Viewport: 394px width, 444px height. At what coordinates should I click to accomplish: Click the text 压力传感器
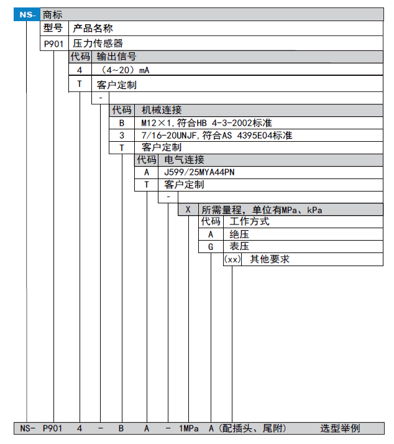pos(98,43)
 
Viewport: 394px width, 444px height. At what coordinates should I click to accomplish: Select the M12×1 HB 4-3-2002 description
pos(206,123)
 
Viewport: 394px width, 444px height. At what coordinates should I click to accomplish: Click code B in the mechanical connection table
pos(122,123)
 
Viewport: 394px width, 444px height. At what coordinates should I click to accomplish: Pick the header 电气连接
pos(183,160)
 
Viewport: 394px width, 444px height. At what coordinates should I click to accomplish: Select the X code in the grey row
pos(188,210)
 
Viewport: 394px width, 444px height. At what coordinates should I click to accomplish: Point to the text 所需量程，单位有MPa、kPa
pos(262,210)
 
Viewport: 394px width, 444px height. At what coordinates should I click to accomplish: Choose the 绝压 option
pos(239,234)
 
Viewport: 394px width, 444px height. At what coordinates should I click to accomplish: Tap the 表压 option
pos(239,247)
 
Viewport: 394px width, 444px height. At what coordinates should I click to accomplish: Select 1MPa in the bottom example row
pos(190,428)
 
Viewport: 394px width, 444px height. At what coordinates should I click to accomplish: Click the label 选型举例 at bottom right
pos(339,428)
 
